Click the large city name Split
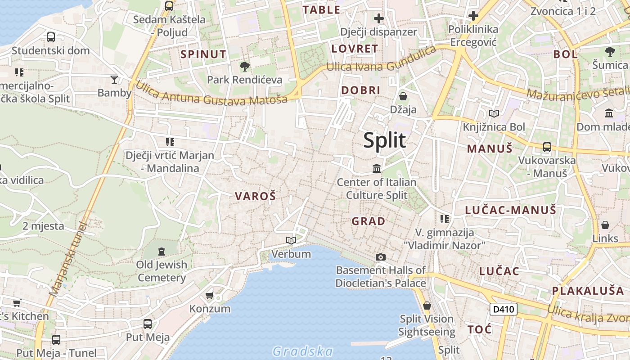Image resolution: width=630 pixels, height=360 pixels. click(x=384, y=140)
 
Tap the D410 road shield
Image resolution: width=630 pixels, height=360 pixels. click(x=504, y=309)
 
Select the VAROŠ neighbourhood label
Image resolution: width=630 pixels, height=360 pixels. click(x=255, y=196)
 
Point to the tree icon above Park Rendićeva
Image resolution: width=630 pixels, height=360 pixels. click(x=245, y=67)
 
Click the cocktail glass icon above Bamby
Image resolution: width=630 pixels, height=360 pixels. click(x=114, y=80)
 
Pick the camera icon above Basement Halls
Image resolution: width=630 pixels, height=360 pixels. click(x=381, y=257)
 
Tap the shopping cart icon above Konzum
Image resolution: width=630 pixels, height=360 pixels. click(x=209, y=296)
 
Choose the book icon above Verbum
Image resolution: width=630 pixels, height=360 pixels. click(x=291, y=241)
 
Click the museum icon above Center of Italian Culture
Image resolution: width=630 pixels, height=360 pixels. click(x=377, y=169)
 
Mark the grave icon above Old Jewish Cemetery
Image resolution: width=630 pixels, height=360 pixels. click(x=162, y=251)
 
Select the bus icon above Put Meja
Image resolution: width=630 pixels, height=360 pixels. click(x=147, y=324)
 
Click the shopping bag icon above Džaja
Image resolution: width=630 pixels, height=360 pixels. click(x=403, y=96)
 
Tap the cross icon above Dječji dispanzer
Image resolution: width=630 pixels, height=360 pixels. click(x=379, y=18)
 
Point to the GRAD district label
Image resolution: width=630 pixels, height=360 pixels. click(x=369, y=221)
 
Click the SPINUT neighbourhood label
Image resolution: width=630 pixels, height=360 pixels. click(x=203, y=54)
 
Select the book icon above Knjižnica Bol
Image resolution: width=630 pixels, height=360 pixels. click(x=494, y=114)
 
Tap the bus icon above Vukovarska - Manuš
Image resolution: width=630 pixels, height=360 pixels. click(x=547, y=147)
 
